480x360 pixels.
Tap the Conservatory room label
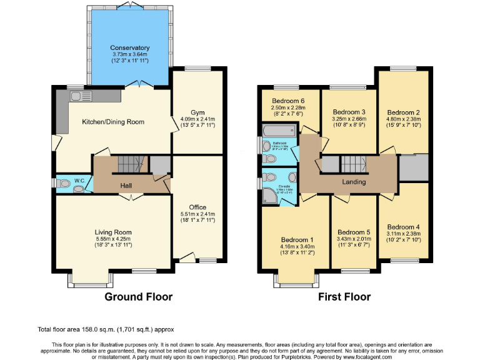pyautogui.click(x=130, y=47)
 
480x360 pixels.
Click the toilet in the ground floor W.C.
pyautogui.click(x=65, y=184)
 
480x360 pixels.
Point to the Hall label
pyautogui.click(x=126, y=185)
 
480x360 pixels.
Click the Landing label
pyautogui.click(x=353, y=182)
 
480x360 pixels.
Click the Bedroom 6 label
pyautogui.click(x=288, y=101)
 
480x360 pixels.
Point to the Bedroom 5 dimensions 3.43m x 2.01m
pyautogui.click(x=354, y=239)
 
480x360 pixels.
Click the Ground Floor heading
pyautogui.click(x=138, y=296)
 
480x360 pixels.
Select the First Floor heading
pyautogui.click(x=344, y=296)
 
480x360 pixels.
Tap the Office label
pyautogui.click(x=197, y=207)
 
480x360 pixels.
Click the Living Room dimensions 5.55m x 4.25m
pyautogui.click(x=113, y=239)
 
